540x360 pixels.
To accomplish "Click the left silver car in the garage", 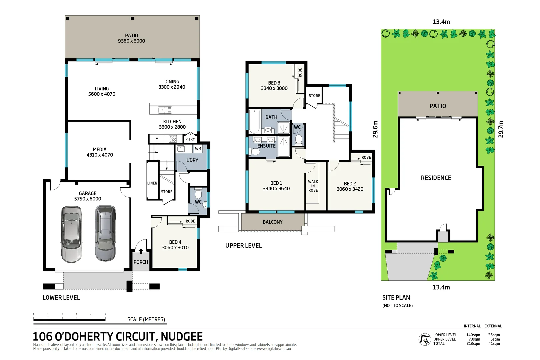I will [x=71, y=234].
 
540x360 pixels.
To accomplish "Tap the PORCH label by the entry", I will [x=141, y=262].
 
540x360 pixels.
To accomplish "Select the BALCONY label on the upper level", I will [x=272, y=222].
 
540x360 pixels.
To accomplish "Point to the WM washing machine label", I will [x=198, y=149].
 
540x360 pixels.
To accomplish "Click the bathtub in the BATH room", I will [x=254, y=122].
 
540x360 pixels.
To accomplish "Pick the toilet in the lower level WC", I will [x=198, y=194].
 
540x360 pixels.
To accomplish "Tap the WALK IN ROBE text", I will [x=313, y=186].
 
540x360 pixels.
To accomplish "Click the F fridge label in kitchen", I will [x=157, y=139].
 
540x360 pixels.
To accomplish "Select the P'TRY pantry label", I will [x=190, y=139].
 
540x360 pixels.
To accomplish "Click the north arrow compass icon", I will [x=425, y=339].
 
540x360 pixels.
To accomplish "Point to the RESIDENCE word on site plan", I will [x=436, y=178].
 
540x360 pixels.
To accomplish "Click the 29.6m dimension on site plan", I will [x=375, y=129].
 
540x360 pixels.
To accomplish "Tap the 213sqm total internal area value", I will [x=473, y=344].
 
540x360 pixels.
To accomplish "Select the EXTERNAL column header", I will [x=493, y=326].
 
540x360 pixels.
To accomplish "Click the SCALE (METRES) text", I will [x=146, y=319].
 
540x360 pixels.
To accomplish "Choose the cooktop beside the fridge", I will [x=172, y=139].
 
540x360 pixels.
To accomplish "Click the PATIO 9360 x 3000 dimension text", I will [x=131, y=41].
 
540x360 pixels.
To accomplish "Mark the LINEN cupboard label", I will [x=152, y=183].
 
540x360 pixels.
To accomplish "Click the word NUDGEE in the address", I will [x=182, y=336].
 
